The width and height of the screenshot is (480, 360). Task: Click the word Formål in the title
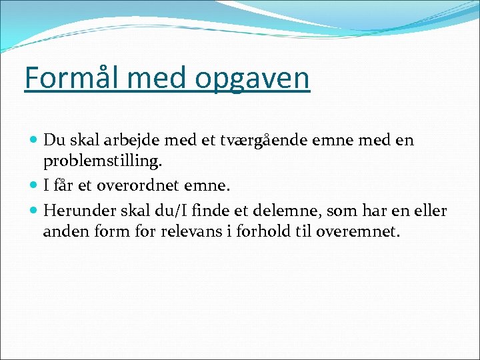(x=65, y=78)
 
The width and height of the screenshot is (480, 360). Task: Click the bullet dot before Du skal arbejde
(x=34, y=141)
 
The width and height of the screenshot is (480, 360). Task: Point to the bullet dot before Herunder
(x=34, y=211)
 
